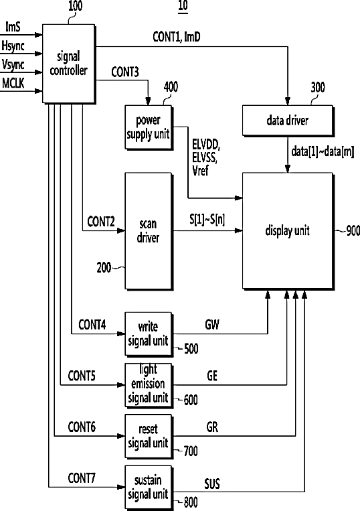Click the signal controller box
tap(69, 64)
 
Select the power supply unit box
tap(149, 127)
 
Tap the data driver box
tap(288, 121)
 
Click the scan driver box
tap(149, 231)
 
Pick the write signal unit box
tap(149, 334)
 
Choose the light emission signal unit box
tap(149, 385)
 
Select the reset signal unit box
tap(149, 437)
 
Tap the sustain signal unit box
tap(149, 488)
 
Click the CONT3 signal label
tap(125, 72)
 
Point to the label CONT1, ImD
tap(177, 37)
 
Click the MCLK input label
tap(13, 83)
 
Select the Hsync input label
tap(13, 46)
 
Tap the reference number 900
tap(353, 231)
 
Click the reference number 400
tap(171, 87)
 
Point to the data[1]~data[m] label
tap(323, 151)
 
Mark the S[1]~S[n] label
tap(207, 220)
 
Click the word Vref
tap(200, 170)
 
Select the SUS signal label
tap(212, 484)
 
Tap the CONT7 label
tap(82, 478)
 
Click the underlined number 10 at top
tap(183, 6)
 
